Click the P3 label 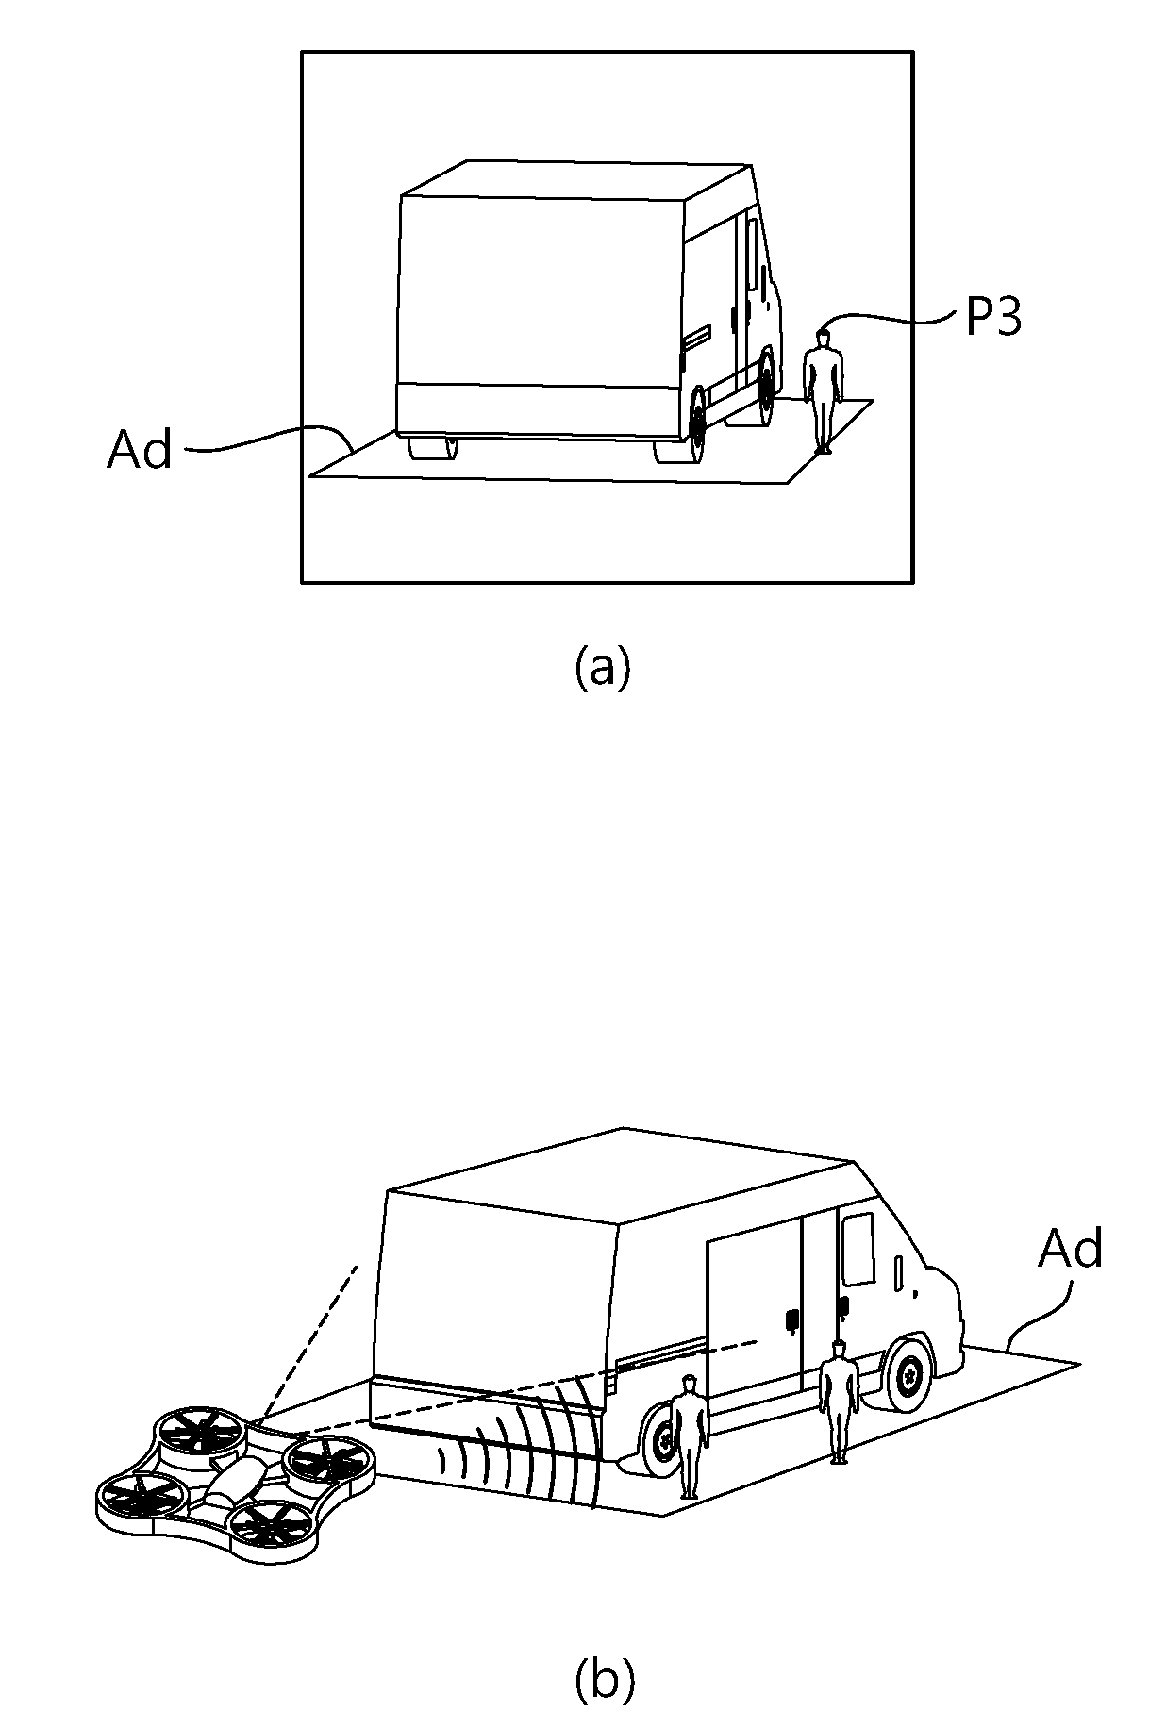tap(993, 319)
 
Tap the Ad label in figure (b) tap(1070, 1249)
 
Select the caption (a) tap(601, 668)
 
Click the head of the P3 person tap(824, 336)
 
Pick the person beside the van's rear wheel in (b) tap(690, 1436)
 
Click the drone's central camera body tap(232, 1482)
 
